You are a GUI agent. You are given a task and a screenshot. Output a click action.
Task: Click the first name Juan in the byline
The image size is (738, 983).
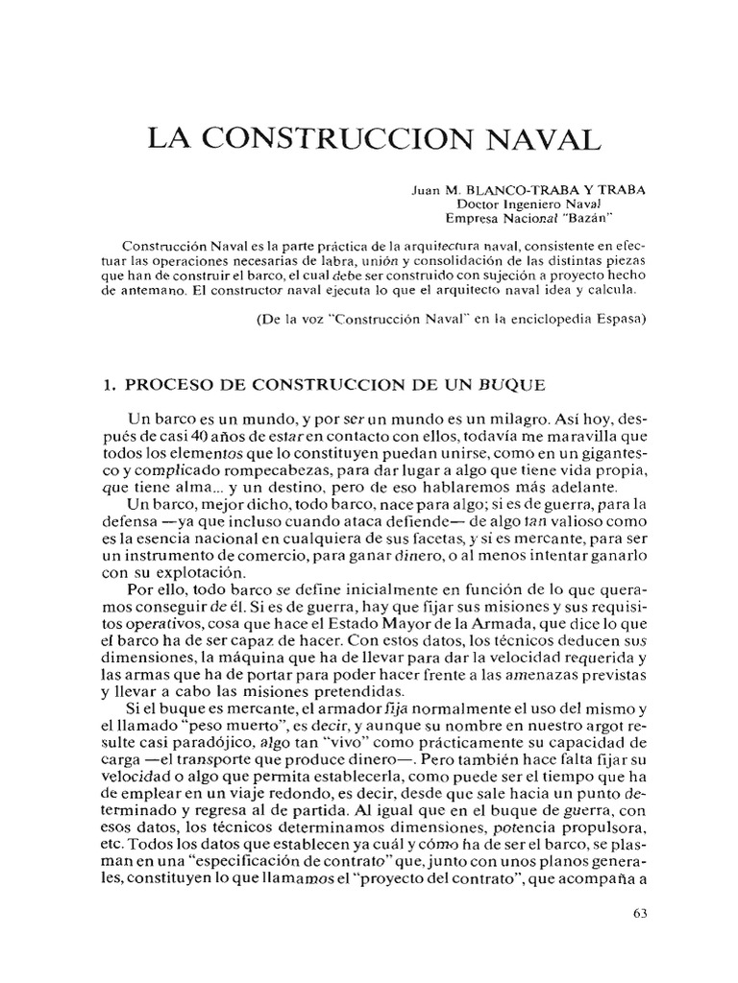(x=427, y=190)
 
